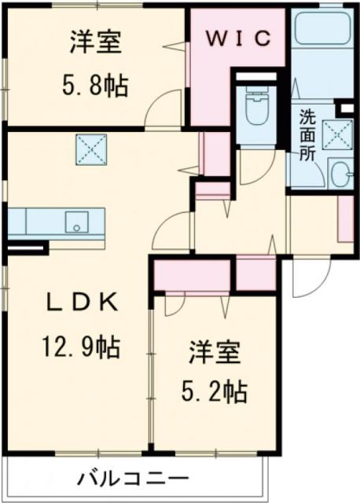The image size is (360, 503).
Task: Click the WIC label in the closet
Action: point(240,38)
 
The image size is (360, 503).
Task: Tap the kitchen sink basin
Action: point(76,220)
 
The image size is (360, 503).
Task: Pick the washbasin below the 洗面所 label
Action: point(340,174)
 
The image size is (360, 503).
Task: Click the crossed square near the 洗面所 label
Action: point(340,134)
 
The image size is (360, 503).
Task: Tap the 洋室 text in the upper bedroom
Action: point(95,42)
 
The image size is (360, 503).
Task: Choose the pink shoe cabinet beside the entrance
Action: point(344,217)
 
